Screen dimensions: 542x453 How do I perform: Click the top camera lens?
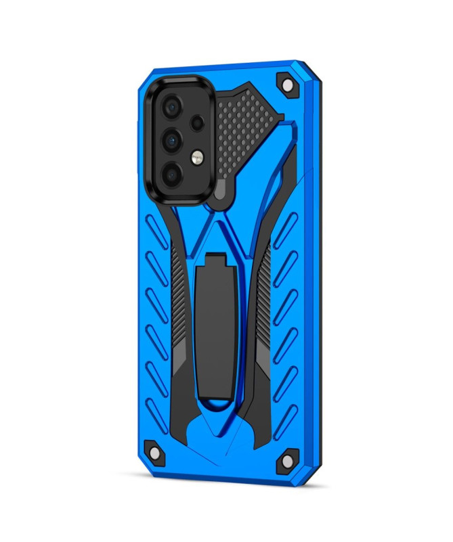pos(172,107)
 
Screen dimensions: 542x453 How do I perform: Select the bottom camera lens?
pos(172,174)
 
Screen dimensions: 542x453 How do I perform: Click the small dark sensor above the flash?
pos(197,124)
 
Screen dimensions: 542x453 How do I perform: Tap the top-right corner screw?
pos(286,85)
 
